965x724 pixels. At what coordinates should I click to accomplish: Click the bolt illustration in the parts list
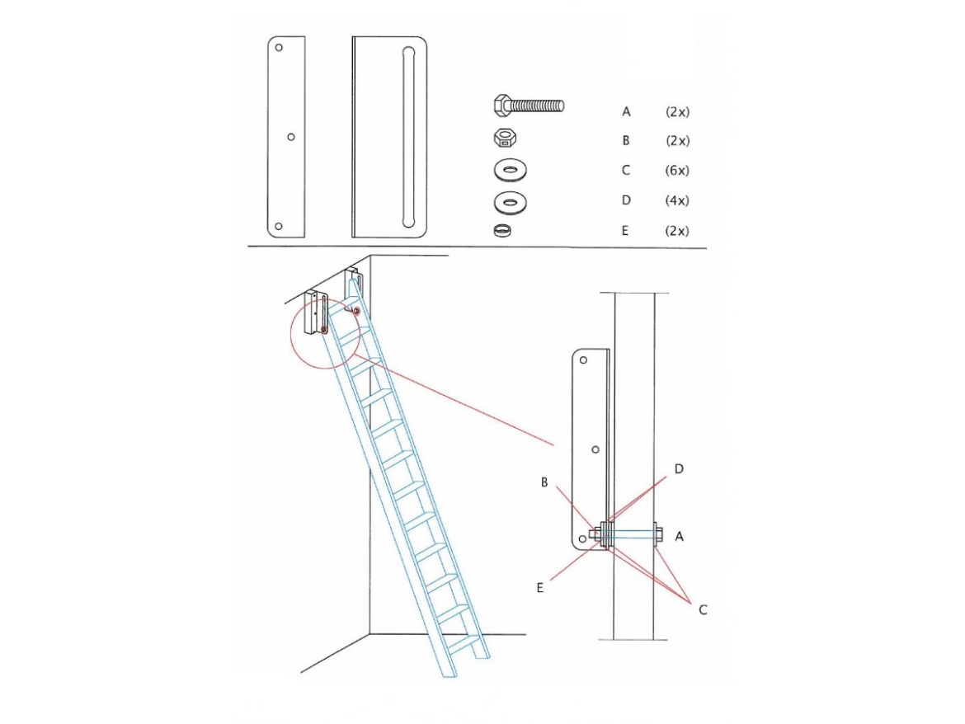click(529, 106)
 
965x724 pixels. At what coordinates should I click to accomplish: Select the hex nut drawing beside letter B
click(504, 138)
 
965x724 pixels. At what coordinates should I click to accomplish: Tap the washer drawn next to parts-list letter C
click(511, 171)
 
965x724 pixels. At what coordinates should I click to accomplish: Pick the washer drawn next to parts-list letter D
click(511, 200)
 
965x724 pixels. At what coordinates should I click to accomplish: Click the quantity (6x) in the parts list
click(676, 171)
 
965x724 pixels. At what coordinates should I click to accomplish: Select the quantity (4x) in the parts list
click(676, 200)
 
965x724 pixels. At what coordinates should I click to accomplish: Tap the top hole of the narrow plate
click(280, 48)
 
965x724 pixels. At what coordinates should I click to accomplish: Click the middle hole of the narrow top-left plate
click(290, 137)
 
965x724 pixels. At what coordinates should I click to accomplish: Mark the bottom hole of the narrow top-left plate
click(280, 226)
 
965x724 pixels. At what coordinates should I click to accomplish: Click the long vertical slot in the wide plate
click(405, 136)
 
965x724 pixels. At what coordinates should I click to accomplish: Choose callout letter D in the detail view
click(679, 469)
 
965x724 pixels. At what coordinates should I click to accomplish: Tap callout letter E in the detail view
click(540, 587)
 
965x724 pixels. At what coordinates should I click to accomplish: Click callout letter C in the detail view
click(703, 610)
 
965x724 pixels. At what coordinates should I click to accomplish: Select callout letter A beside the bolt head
click(679, 537)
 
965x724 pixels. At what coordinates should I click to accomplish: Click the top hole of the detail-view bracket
click(584, 360)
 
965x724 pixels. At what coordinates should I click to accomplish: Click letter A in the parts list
click(626, 110)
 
